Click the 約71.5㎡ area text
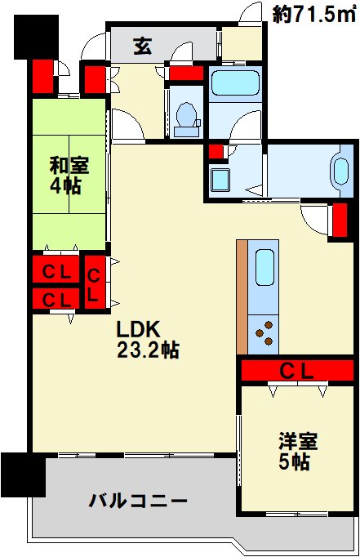[313, 14]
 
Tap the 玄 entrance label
[142, 47]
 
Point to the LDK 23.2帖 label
[147, 340]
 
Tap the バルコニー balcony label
[139, 501]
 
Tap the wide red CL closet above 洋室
[296, 371]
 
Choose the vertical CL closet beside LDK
[95, 283]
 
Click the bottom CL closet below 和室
[54, 300]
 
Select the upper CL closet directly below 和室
[54, 270]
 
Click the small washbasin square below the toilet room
[220, 179]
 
